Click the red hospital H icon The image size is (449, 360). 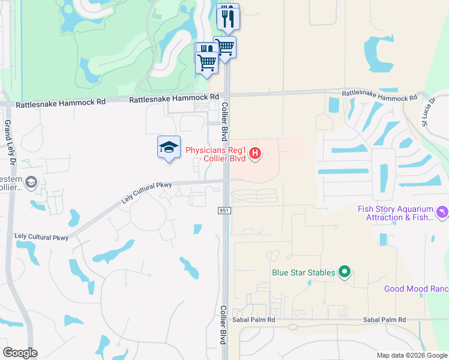coord(256,154)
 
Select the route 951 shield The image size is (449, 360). coord(221,211)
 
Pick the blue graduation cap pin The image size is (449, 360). coord(169,148)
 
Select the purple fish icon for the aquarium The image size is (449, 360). coord(443,212)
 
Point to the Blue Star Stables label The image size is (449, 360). coord(303,272)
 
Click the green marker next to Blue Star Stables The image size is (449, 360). coord(345,272)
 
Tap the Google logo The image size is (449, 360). coord(20,353)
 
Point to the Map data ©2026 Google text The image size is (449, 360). coord(411,355)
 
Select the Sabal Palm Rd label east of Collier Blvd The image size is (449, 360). coord(384,320)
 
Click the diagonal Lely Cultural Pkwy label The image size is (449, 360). coord(147,193)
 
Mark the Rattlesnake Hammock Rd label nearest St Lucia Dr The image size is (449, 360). coord(379,95)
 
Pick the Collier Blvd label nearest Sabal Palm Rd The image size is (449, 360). coord(223,325)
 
